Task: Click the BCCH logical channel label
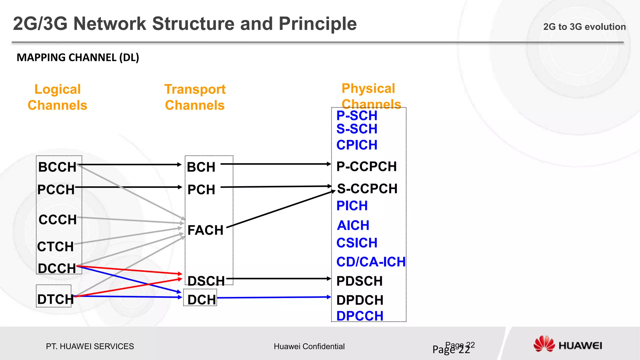click(x=57, y=167)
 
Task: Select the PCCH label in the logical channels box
click(x=56, y=190)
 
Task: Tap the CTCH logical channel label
click(x=56, y=247)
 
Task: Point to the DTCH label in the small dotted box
click(x=55, y=299)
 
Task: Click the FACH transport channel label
click(x=205, y=230)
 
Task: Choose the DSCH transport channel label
click(x=206, y=281)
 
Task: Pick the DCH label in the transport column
click(x=202, y=300)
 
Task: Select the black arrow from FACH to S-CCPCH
click(x=281, y=209)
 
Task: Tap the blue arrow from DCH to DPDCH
click(x=273, y=297)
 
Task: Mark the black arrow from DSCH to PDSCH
click(x=278, y=278)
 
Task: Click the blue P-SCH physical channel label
click(x=357, y=116)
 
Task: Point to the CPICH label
click(x=357, y=145)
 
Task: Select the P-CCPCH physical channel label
click(x=366, y=167)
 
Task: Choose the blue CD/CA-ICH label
click(x=371, y=262)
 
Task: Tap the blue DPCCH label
click(x=360, y=316)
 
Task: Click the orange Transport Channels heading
click(x=195, y=97)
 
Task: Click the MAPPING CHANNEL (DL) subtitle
click(x=78, y=57)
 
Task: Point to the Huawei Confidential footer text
click(x=309, y=346)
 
